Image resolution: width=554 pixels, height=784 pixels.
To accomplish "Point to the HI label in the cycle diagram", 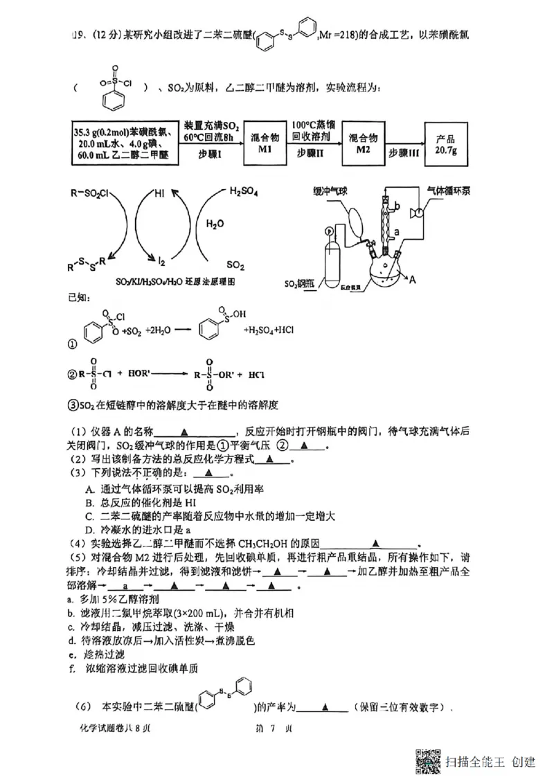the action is click(x=160, y=196).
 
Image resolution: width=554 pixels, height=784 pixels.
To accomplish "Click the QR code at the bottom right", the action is click(x=428, y=762).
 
